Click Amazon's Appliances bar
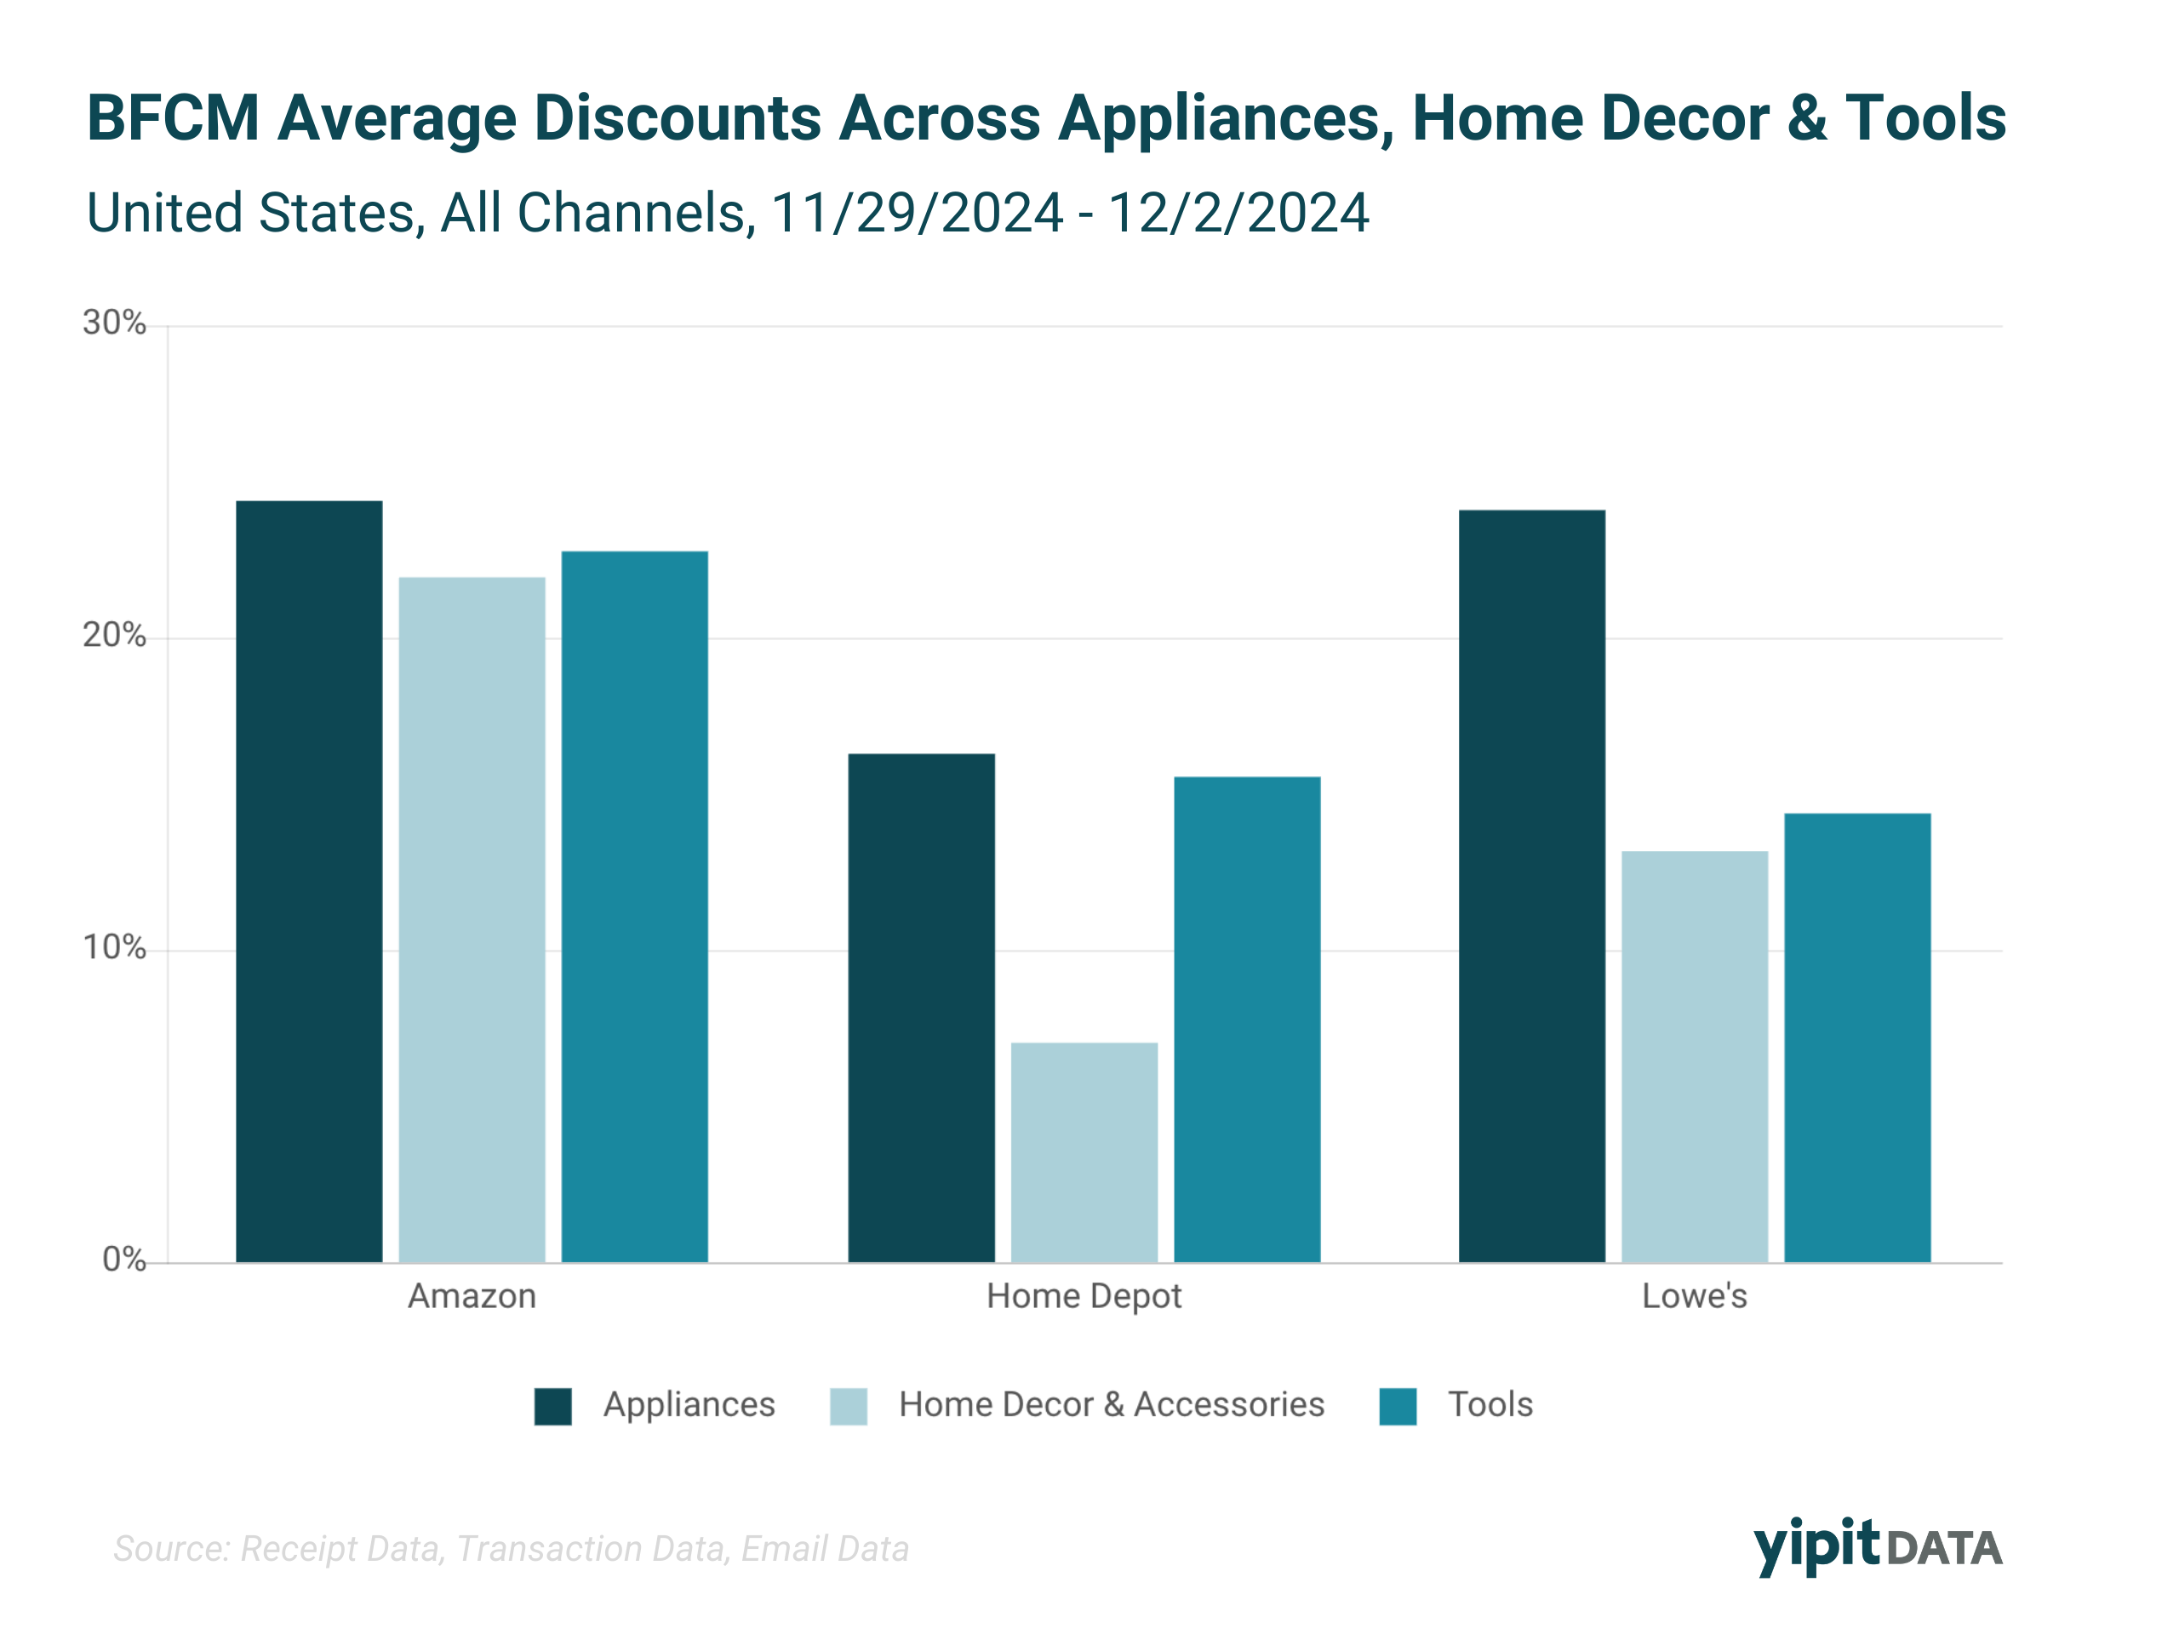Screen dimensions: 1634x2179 coord(309,882)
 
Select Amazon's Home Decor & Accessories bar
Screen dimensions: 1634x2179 coord(472,920)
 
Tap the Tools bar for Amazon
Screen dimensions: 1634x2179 coord(634,906)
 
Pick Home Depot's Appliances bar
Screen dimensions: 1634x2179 coord(921,1008)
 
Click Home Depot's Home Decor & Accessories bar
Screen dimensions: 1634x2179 coord(1084,1152)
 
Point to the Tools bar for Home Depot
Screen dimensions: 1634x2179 coord(1247,1020)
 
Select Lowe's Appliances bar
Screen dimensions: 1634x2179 coord(1532,887)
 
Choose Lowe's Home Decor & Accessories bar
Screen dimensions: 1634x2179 coord(1695,1057)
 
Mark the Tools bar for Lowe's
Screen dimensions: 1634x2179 coord(1857,1038)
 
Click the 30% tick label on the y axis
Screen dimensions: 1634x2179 coord(114,323)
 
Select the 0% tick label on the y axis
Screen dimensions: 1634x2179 coord(124,1260)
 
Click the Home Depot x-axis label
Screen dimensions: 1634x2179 coord(1084,1296)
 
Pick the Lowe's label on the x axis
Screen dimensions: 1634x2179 coord(1695,1296)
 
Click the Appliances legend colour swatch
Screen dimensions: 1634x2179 coord(552,1407)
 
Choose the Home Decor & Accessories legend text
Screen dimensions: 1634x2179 coord(1111,1404)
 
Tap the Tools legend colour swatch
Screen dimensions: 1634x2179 coord(1398,1407)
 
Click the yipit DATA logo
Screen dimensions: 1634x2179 coord(1878,1546)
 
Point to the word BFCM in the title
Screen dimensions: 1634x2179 coord(174,118)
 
